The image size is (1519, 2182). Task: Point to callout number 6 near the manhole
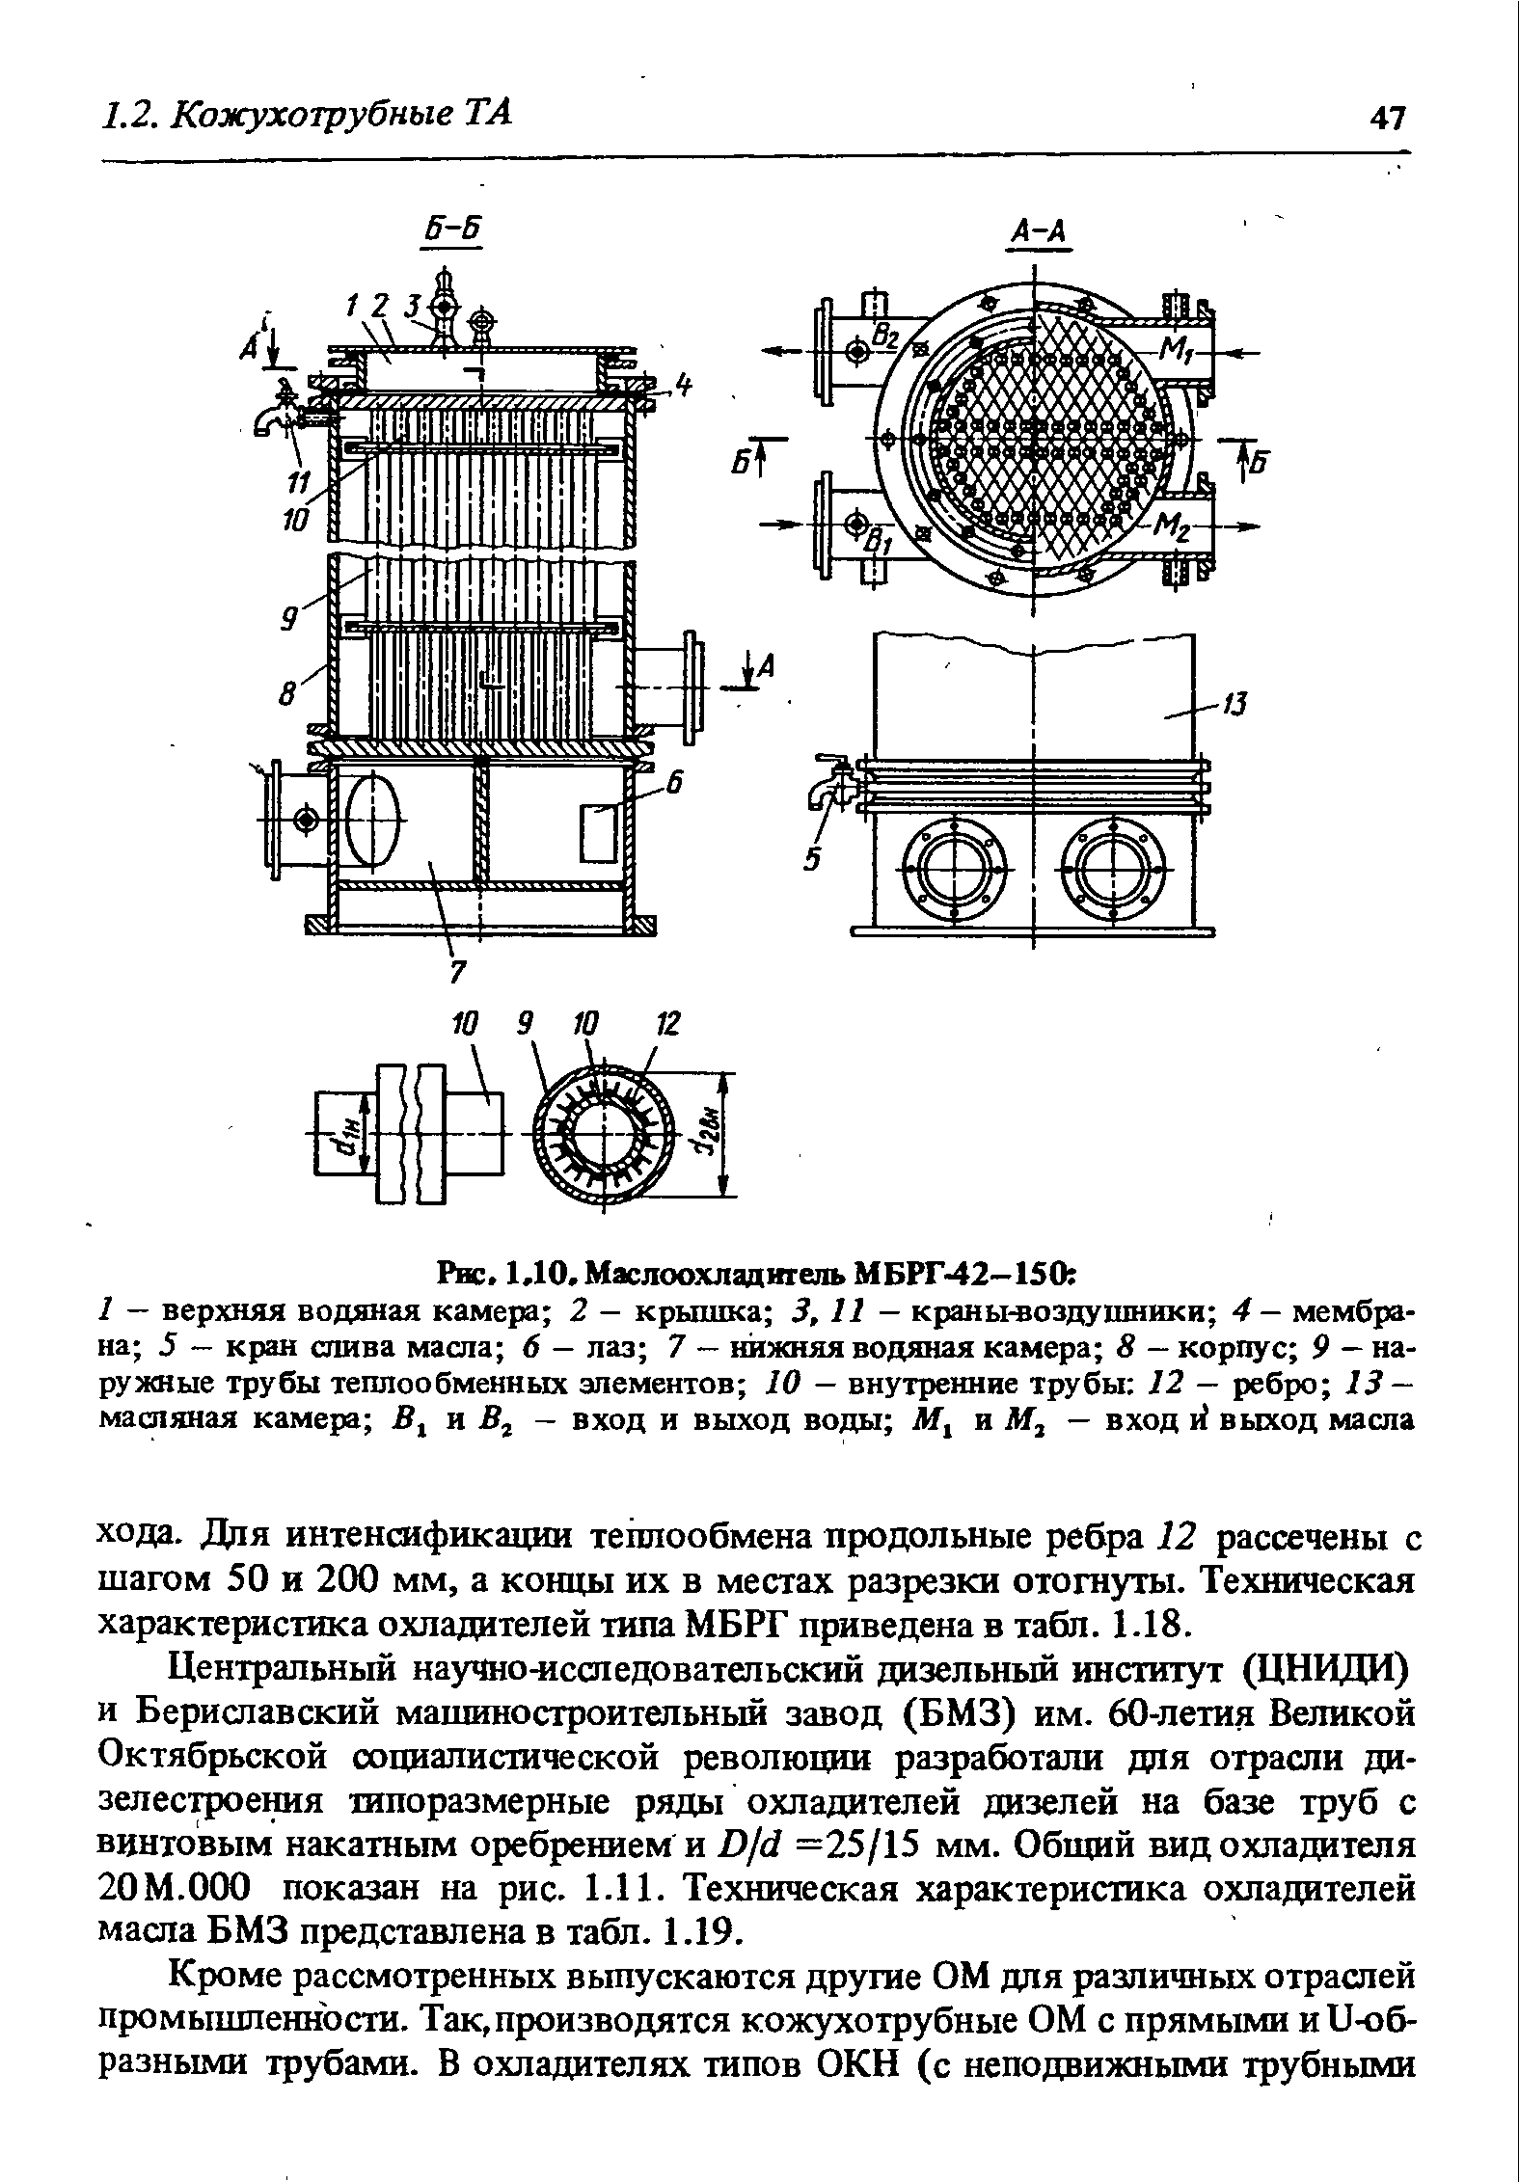(675, 786)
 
